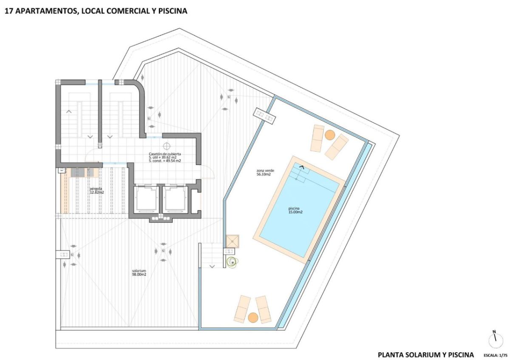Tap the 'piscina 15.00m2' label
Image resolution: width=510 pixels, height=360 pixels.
[x=295, y=210]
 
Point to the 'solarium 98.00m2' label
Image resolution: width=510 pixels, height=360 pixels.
[x=139, y=272]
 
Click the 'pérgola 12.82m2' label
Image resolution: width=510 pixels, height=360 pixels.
[x=97, y=190]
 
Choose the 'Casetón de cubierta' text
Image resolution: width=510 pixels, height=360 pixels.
[x=164, y=154]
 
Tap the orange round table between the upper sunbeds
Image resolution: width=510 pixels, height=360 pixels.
[x=330, y=135]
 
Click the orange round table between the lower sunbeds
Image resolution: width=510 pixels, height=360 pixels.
[x=253, y=317]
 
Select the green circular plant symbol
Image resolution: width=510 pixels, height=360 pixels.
[x=232, y=263]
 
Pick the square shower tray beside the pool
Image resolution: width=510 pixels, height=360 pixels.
[x=233, y=241]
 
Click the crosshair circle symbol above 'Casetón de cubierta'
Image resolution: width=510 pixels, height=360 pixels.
[x=167, y=145]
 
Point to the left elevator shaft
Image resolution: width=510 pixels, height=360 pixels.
[x=146, y=199]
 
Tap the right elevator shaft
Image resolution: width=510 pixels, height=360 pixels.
[x=175, y=199]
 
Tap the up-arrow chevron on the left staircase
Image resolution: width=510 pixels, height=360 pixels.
[x=69, y=112]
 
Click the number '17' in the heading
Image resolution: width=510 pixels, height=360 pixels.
[x=8, y=11]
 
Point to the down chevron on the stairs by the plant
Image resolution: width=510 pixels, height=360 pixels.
[x=212, y=266]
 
